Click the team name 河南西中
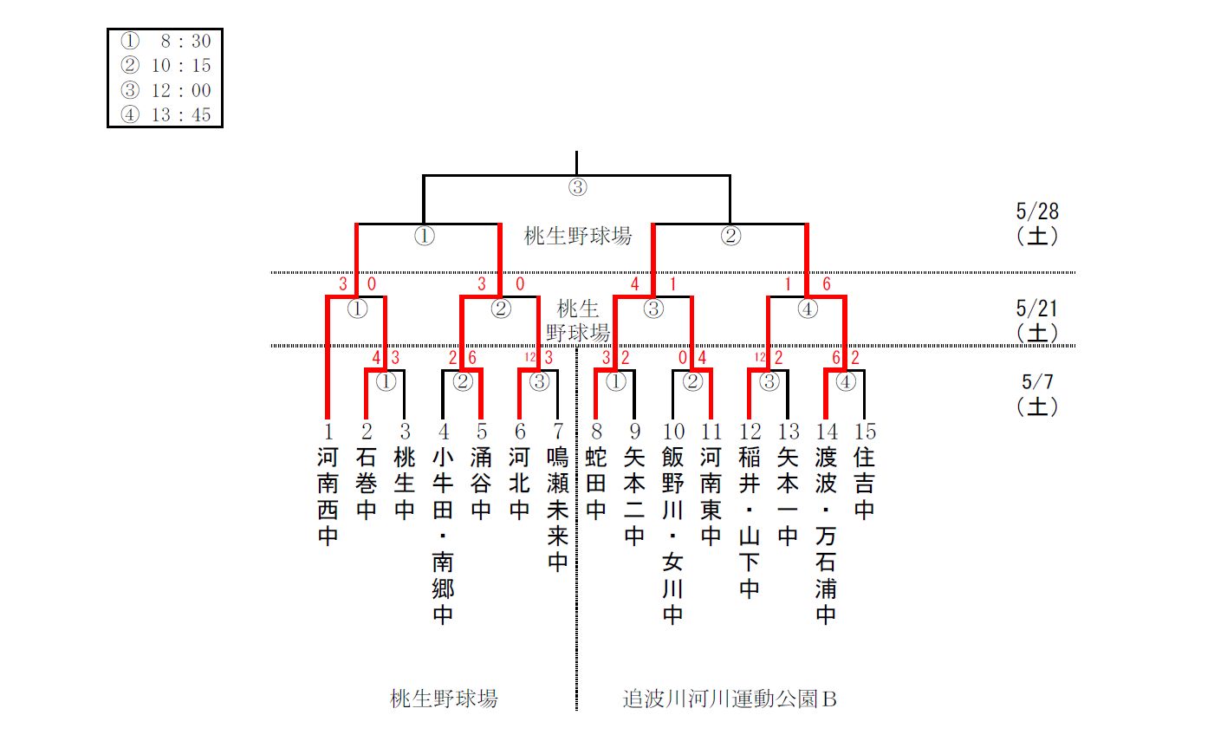[328, 497]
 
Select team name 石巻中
[367, 484]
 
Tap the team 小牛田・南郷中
[443, 536]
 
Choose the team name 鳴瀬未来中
[557, 510]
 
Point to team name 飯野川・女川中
[672, 536]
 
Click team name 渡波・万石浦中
[826, 536]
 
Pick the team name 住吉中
[864, 484]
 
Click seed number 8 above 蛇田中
[596, 432]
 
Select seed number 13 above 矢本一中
[788, 432]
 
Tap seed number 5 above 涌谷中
[481, 432]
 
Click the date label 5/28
[1037, 211]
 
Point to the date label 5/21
[1037, 309]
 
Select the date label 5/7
[1037, 382]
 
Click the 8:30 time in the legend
[185, 42]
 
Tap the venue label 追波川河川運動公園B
[730, 699]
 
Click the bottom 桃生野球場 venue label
[444, 699]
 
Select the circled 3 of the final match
[577, 186]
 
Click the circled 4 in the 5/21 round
[807, 309]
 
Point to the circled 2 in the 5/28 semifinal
[730, 236]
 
